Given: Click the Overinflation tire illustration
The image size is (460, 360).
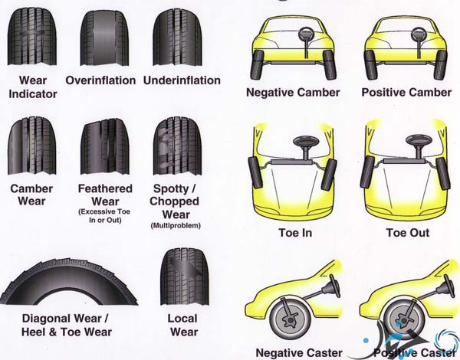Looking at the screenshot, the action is pyautogui.click(x=104, y=38).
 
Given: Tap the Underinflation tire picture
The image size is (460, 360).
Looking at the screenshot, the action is pyautogui.click(x=177, y=38).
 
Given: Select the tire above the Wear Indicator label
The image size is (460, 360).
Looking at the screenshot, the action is pyautogui.click(x=32, y=37).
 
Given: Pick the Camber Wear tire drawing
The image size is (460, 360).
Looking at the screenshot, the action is pyautogui.click(x=31, y=146).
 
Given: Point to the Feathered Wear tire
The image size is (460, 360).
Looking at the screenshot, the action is pyautogui.click(x=105, y=146).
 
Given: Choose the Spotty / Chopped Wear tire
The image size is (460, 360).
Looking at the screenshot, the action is pyautogui.click(x=177, y=146).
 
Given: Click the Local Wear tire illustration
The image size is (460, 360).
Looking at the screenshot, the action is pyautogui.click(x=185, y=277).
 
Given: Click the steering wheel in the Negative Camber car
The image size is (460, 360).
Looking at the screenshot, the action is pyautogui.click(x=306, y=34).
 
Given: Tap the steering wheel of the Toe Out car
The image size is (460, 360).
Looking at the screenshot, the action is pyautogui.click(x=419, y=140).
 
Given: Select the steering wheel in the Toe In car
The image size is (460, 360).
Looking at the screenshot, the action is pyautogui.click(x=306, y=141).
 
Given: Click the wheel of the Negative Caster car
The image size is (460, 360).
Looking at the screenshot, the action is pyautogui.click(x=291, y=319).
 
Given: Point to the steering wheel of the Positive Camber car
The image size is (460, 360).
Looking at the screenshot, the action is pyautogui.click(x=419, y=34).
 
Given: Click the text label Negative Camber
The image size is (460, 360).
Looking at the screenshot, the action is pyautogui.click(x=293, y=93).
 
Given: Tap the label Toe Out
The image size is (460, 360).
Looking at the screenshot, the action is pyautogui.click(x=408, y=233).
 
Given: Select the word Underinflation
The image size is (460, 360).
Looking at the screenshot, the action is pyautogui.click(x=182, y=80).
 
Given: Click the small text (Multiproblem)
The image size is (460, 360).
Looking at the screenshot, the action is pyautogui.click(x=176, y=226).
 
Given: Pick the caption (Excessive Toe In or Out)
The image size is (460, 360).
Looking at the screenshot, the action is pyautogui.click(x=105, y=216).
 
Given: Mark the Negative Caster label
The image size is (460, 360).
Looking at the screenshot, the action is pyautogui.click(x=299, y=352).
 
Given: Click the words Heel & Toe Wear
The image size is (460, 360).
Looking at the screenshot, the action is pyautogui.click(x=67, y=332).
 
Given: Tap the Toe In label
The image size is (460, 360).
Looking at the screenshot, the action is pyautogui.click(x=295, y=233).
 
